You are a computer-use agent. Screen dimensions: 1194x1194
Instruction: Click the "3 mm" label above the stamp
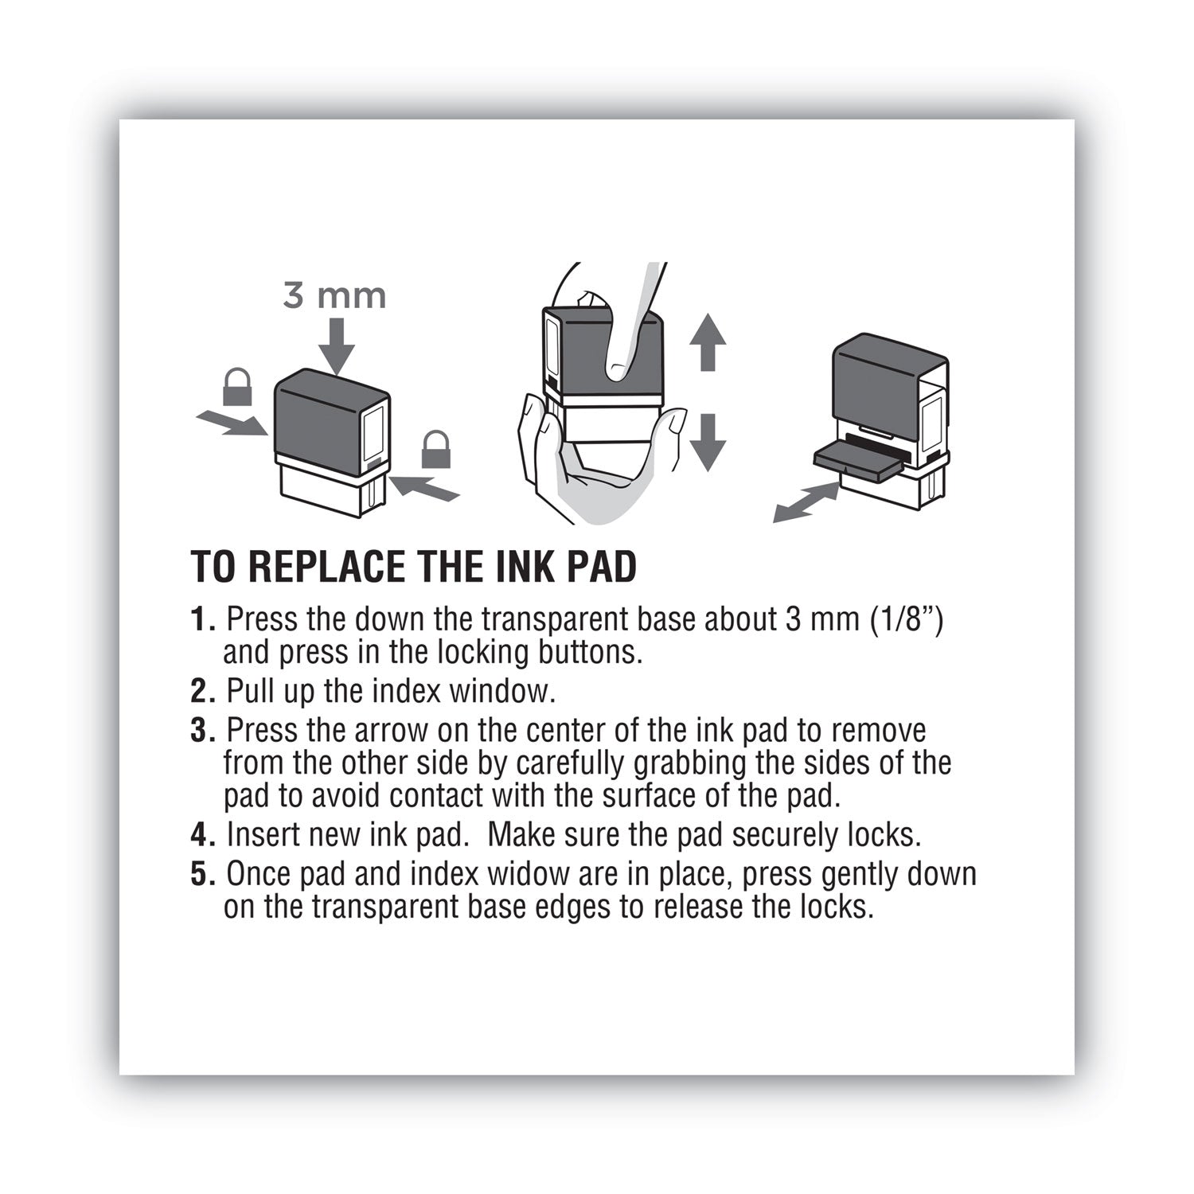[x=334, y=296]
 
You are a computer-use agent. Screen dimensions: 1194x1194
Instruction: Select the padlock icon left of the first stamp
[x=238, y=387]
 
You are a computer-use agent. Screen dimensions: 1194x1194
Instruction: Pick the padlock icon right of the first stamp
[x=435, y=450]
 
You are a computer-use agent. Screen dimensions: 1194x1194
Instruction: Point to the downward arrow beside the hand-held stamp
[x=707, y=443]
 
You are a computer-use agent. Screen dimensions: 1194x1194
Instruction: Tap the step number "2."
[x=204, y=691]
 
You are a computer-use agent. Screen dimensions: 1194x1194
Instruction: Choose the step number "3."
[x=204, y=731]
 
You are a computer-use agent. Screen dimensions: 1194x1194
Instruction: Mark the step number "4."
[x=204, y=835]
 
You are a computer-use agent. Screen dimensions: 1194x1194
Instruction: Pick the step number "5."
[x=204, y=874]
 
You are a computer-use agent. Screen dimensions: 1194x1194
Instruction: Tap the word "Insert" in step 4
[x=263, y=835]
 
